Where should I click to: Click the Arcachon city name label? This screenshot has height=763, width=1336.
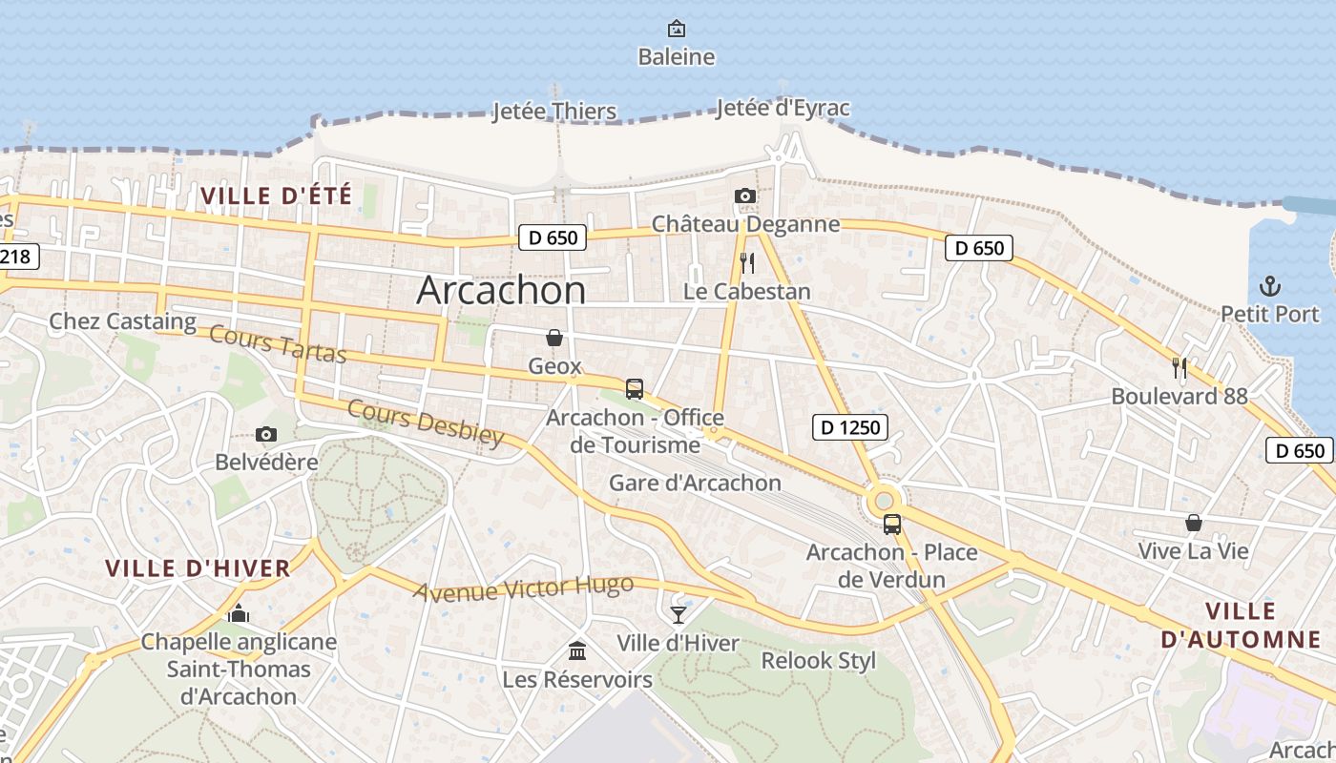pos(501,290)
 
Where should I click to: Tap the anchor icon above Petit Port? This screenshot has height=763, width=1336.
pos(1270,286)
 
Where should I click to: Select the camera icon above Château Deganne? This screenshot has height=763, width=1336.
pos(745,196)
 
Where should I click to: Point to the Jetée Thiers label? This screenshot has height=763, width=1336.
pos(554,112)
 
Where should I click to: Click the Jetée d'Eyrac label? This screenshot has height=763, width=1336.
pos(782,108)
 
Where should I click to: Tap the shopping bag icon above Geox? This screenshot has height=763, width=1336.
pos(554,338)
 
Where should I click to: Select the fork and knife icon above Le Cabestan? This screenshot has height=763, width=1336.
pos(747,263)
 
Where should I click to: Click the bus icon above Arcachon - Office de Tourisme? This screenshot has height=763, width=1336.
pos(635,388)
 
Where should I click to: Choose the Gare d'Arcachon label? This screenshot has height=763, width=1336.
pos(695,483)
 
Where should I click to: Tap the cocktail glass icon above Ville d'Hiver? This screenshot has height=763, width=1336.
pos(678,614)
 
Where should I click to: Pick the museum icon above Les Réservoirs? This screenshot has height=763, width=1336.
pos(577,650)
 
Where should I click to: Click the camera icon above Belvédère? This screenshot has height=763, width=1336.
pos(266,435)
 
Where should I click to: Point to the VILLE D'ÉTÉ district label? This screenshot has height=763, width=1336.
pos(276,196)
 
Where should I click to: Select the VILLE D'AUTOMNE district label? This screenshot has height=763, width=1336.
pos(1241,626)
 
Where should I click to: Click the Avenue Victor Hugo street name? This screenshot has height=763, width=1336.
pos(523,588)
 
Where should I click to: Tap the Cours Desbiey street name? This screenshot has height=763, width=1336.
pos(425,423)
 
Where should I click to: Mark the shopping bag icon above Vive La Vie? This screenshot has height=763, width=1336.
pos(1193,523)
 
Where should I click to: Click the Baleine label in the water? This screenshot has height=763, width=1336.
pos(676,57)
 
